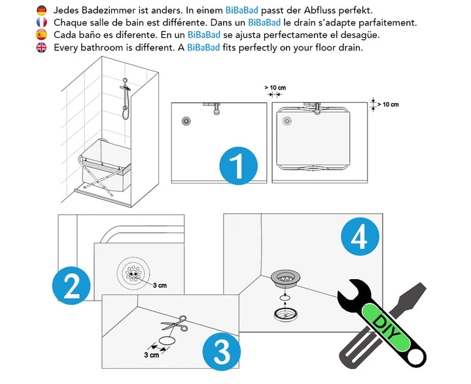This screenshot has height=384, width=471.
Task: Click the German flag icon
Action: coord(41,10)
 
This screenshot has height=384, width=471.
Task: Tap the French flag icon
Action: coord(41,22)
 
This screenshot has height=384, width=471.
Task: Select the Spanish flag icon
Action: coord(41,35)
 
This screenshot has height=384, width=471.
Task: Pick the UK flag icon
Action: coord(41,48)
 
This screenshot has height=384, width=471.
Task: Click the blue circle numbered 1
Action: coord(239,166)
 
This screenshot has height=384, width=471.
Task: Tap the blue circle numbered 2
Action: coord(71,286)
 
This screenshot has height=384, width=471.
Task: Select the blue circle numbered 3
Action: coord(221,351)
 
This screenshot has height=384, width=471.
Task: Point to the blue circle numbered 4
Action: coord(360,237)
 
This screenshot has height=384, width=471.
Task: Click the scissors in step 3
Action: coord(175,324)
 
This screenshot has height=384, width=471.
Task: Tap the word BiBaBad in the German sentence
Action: coord(241,10)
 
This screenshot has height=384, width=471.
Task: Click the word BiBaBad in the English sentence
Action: coord(203,48)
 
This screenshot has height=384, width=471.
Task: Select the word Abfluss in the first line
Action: coord(320,10)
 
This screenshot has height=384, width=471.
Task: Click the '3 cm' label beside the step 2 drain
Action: coord(160,285)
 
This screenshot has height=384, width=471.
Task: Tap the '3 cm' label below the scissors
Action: coord(151,355)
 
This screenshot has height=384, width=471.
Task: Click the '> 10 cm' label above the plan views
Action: coord(275,88)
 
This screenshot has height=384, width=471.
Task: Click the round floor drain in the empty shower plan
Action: coord(186,121)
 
